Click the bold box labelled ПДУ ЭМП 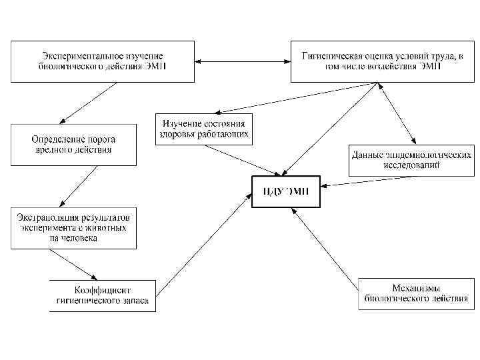pyautogui.click(x=285, y=192)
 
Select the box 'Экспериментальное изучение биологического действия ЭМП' pyautogui.click(x=101, y=61)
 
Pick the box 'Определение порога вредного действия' pyautogui.click(x=73, y=145)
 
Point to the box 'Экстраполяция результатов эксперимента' pyautogui.click(x=73, y=228)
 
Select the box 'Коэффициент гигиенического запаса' pyautogui.click(x=103, y=295)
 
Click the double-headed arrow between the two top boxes pyautogui.click(x=242, y=62)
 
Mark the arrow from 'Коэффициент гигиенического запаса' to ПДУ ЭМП pyautogui.click(x=203, y=251)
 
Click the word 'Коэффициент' pyautogui.click(x=103, y=291)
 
